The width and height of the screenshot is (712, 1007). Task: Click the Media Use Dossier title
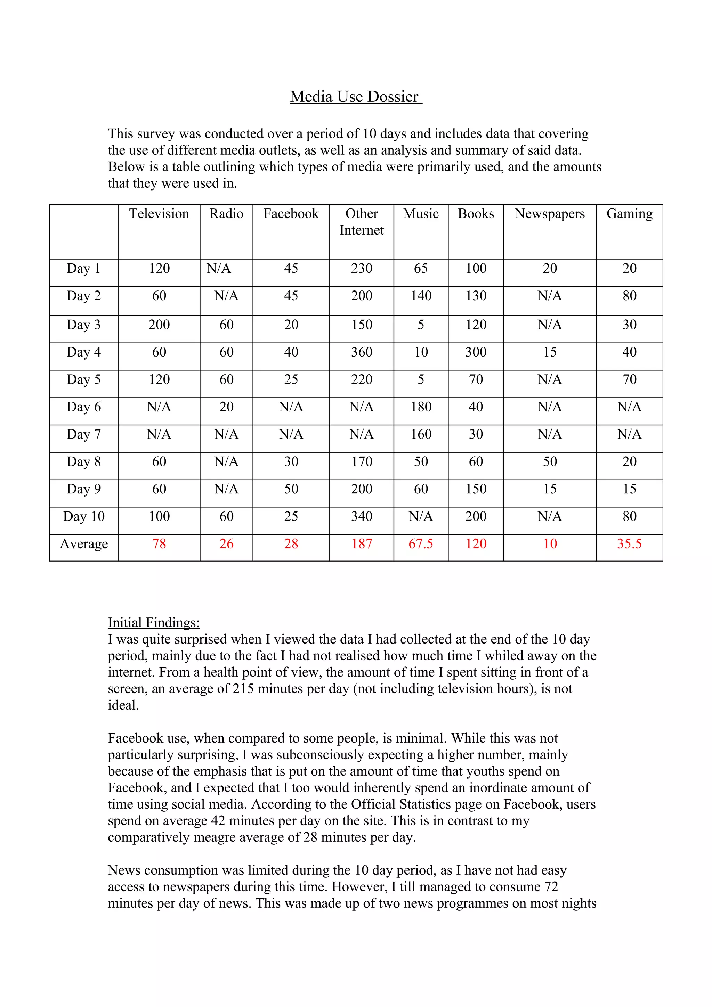[355, 97]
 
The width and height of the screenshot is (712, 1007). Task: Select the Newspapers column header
[549, 214]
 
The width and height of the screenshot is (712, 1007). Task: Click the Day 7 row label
[83, 434]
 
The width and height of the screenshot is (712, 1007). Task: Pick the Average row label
[83, 544]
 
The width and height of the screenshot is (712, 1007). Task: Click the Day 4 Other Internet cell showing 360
[362, 352]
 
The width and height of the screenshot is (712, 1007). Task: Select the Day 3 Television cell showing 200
[159, 325]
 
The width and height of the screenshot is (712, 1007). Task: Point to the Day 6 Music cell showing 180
[421, 407]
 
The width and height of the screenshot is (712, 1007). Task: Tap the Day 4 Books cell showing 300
[476, 352]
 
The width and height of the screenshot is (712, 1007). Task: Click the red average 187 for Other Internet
[362, 544]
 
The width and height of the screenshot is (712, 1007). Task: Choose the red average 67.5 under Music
[421, 544]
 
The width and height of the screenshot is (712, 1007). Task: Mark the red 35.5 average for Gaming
[629, 544]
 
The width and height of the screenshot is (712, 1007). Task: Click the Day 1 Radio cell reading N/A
[218, 268]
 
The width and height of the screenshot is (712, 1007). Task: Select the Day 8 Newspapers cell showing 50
[549, 461]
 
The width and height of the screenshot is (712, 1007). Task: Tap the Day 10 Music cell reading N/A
[421, 516]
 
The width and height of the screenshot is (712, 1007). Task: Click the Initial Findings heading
[154, 622]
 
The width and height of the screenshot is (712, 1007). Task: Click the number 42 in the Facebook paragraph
[218, 821]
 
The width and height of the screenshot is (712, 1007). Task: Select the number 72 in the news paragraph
[551, 886]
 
